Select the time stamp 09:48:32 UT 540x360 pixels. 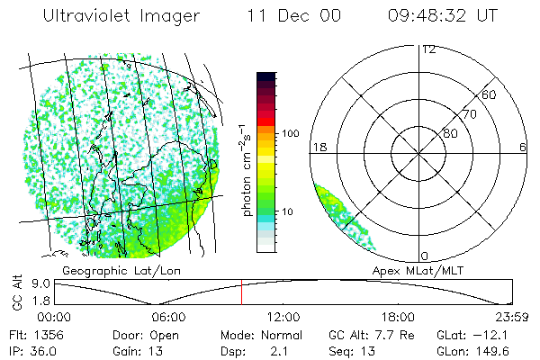(x=443, y=16)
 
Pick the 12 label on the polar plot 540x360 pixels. (x=428, y=49)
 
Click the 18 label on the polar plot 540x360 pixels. (x=319, y=147)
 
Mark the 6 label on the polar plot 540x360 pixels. (x=524, y=147)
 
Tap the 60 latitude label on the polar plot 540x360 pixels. (x=490, y=94)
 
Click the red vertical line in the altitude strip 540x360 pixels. (x=241, y=293)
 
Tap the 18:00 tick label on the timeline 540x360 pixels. (x=398, y=317)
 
